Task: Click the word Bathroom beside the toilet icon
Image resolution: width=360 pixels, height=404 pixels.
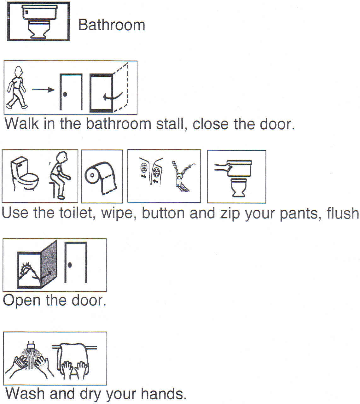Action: [112, 25]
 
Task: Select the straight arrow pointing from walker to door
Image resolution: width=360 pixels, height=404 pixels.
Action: [43, 90]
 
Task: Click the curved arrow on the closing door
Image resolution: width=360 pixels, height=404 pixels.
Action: [112, 96]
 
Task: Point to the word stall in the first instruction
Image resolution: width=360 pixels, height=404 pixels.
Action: [170, 124]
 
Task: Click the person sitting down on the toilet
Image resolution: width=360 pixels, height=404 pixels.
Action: [60, 175]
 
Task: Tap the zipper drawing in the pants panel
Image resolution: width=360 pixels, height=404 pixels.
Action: [181, 177]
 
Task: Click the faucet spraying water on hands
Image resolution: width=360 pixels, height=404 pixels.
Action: [30, 345]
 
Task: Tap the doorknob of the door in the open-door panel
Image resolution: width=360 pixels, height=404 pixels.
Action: [69, 265]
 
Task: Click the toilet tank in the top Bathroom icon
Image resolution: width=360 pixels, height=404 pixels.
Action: [39, 11]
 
